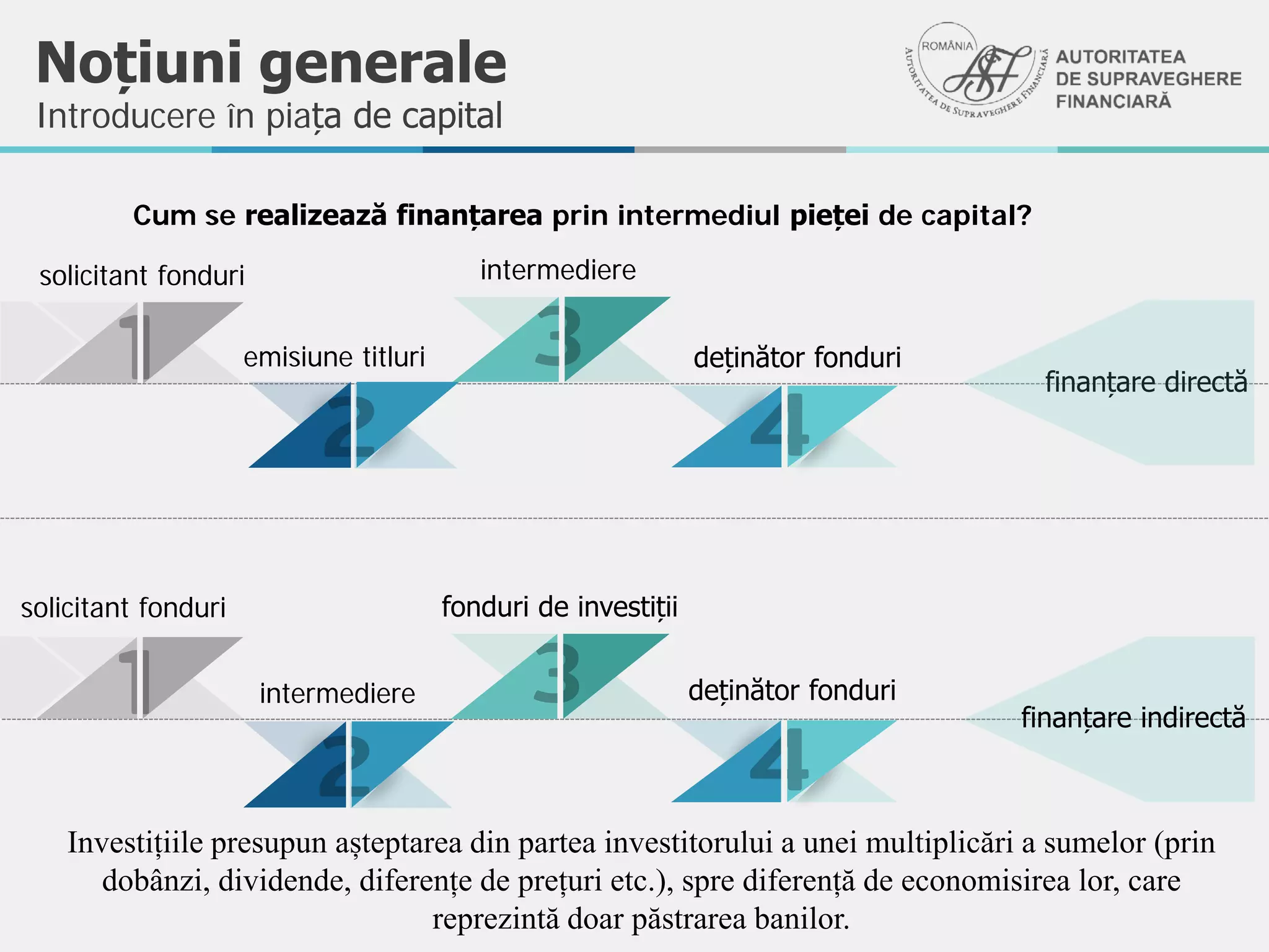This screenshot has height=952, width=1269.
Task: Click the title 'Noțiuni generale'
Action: (x=271, y=63)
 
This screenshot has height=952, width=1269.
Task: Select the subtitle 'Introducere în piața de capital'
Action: (x=270, y=116)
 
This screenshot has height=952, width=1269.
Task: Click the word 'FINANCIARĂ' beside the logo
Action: (x=1113, y=102)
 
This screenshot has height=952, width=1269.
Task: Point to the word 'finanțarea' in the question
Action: (x=469, y=216)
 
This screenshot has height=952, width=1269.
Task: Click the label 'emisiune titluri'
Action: (x=334, y=358)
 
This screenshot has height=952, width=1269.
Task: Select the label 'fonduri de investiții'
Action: (x=560, y=607)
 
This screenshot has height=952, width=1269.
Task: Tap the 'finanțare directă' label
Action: (x=1146, y=382)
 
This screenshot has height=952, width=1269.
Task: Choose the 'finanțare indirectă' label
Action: (x=1133, y=718)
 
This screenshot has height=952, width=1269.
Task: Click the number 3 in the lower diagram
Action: (x=557, y=673)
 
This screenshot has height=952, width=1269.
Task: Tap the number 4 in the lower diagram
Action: (x=780, y=759)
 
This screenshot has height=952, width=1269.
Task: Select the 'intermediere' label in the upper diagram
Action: (x=558, y=270)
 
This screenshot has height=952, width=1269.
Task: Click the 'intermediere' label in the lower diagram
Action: (x=337, y=694)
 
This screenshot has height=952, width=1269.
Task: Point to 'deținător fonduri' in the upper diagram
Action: (x=797, y=358)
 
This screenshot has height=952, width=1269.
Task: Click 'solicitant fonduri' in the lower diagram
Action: (x=123, y=608)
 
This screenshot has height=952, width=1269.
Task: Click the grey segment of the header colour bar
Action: (x=740, y=149)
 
